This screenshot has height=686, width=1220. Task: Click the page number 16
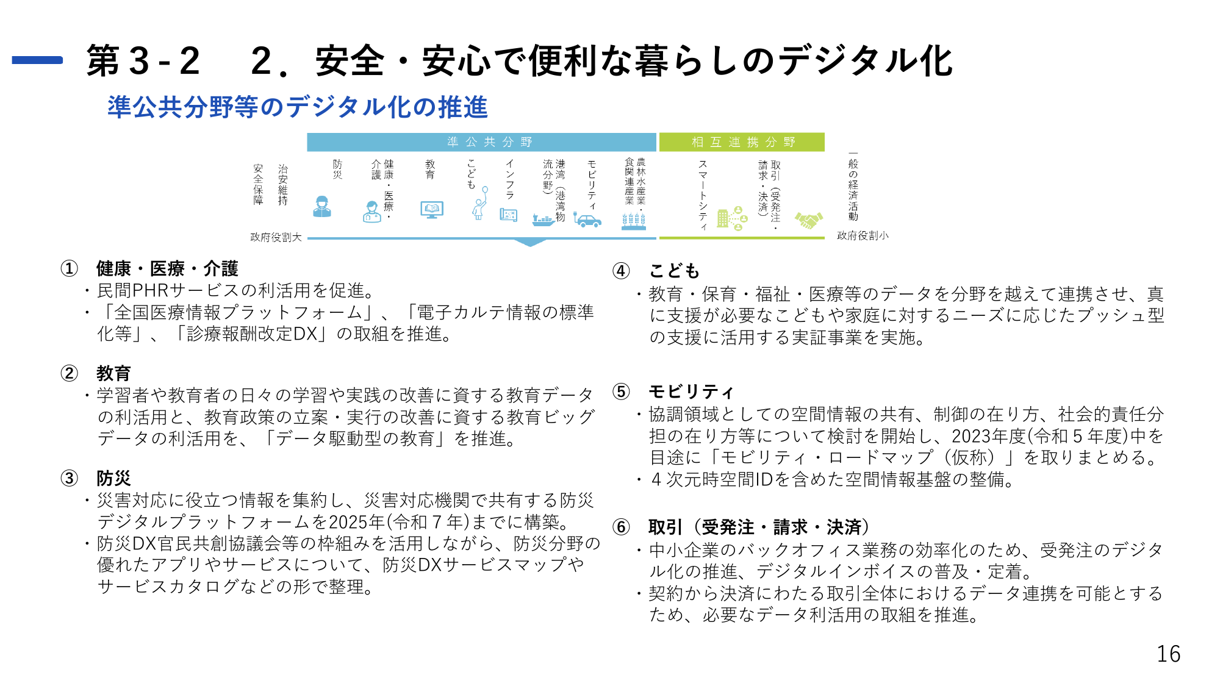coord(1168,654)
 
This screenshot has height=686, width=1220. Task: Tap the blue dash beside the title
coord(37,60)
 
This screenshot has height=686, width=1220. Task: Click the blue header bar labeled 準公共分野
coord(481,142)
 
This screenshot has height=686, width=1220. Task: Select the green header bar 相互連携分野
coord(742,142)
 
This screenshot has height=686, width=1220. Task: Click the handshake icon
coord(809,220)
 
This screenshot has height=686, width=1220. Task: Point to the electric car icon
coord(587,220)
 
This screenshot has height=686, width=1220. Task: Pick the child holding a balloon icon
coord(480,203)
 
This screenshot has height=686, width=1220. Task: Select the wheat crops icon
coord(634,221)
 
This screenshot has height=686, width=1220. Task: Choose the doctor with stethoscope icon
coord(371,212)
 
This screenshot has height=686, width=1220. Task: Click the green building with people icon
coord(731,218)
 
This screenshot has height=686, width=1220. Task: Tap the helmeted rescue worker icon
coord(322,207)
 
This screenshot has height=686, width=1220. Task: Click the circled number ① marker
coord(70,268)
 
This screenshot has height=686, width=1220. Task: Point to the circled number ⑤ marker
coord(621,391)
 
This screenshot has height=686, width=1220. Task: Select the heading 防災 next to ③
coord(113,478)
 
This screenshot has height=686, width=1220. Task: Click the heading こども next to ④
coord(674,271)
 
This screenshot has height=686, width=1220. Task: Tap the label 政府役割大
coord(276,237)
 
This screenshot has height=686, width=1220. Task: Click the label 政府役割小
coord(863,235)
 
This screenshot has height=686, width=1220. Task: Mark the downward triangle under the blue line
coord(530,242)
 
